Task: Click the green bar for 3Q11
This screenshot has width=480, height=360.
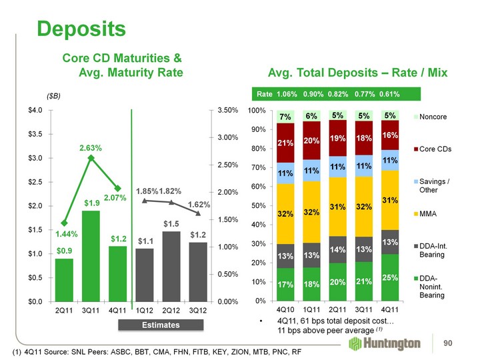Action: point(91,256)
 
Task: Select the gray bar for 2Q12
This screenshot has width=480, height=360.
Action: point(171,266)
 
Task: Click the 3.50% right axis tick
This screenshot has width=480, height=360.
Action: point(227,110)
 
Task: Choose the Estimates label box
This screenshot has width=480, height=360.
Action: point(150,325)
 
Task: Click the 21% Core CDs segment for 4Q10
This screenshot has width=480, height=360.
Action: point(285,143)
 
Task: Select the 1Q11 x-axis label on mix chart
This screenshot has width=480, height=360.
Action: point(311,309)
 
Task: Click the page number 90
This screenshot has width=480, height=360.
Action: point(458,343)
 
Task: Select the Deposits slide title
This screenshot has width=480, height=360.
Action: point(81,29)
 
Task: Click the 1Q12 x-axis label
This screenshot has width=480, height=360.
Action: point(145,310)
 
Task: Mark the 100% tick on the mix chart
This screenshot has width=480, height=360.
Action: point(257,110)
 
